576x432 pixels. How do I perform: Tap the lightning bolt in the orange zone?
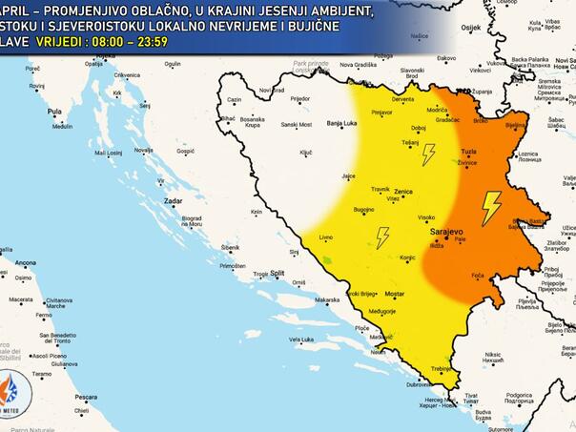tap(490, 208)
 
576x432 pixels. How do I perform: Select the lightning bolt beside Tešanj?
tap(428, 154)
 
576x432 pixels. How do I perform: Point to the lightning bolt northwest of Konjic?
tap(382, 237)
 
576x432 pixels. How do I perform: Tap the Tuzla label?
tap(468, 152)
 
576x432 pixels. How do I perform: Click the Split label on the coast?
tap(278, 273)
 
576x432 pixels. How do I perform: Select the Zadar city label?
tap(173, 202)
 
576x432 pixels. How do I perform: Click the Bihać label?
tap(227, 118)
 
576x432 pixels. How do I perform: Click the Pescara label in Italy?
tap(87, 397)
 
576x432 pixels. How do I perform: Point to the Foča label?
tap(479, 276)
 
